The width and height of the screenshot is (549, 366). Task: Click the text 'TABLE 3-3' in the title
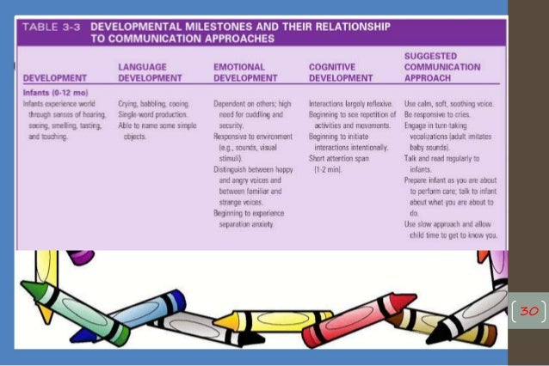(51, 27)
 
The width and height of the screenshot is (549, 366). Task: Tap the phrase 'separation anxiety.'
(246, 224)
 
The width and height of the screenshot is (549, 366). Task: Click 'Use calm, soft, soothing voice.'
(451, 102)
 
